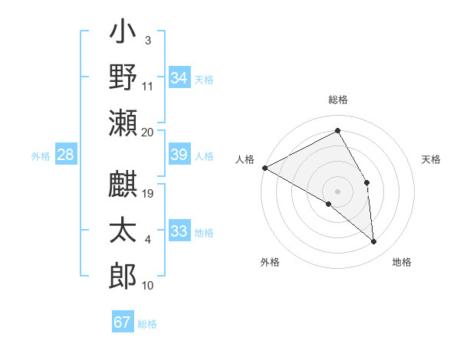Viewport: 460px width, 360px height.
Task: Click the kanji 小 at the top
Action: [x=123, y=34]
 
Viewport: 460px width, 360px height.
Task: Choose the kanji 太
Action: [x=123, y=231]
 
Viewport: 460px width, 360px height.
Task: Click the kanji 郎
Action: [x=123, y=275]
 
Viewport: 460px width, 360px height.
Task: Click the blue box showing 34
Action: [x=179, y=77]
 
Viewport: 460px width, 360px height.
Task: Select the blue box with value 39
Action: [x=179, y=155]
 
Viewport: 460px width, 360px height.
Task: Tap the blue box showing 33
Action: [x=179, y=231]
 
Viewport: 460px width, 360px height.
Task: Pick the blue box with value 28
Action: [x=66, y=155]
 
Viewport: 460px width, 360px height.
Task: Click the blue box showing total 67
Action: [x=123, y=322]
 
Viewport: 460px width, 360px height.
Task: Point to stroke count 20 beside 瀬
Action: [x=148, y=132]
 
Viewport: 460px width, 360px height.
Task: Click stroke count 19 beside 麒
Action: [x=148, y=194]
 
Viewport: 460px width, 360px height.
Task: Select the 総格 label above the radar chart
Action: [x=338, y=100]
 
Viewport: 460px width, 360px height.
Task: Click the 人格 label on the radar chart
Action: [x=245, y=159]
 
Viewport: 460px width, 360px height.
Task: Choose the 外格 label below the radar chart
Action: [x=269, y=262]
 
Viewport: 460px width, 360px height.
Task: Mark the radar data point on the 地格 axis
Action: [x=374, y=242]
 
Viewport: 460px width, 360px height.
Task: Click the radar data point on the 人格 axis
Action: [x=264, y=168]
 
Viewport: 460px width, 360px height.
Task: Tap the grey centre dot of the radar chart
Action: [x=337, y=191]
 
